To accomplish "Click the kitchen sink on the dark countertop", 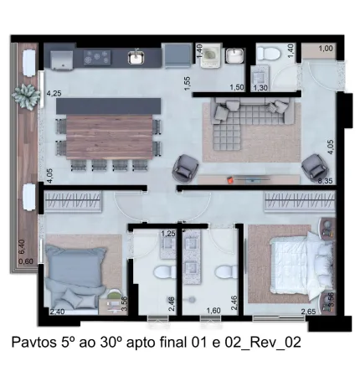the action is coord(136,57).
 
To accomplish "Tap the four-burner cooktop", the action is coord(97,57).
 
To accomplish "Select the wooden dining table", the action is coord(110,137).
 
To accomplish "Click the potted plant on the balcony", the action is coord(25,96).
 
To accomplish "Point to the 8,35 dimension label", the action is coord(326,181).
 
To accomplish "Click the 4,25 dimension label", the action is coord(54,93).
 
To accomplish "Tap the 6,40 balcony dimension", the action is coord(22,247).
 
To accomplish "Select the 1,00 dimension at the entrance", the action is coord(326,49).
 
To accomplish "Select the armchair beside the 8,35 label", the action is coord(314,167).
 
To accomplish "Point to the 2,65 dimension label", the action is coord(308,312).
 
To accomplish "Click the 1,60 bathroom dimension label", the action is coord(213,310).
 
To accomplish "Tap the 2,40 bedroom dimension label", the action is coord(57,312).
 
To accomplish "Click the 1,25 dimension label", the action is coord(168,234).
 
